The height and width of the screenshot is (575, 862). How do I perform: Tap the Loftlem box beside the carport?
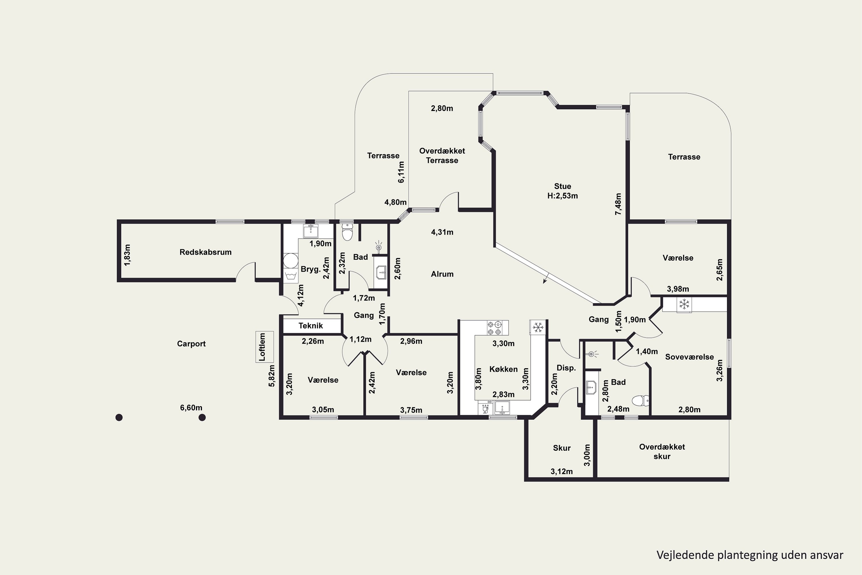[x=264, y=347]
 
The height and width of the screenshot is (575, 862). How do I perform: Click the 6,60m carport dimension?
[x=191, y=408]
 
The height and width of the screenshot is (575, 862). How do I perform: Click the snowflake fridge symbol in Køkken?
[x=538, y=327]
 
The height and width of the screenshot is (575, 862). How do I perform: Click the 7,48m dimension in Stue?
[x=618, y=204]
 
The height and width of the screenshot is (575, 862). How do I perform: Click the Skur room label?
[x=562, y=448]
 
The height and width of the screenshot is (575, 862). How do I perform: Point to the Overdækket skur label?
[x=662, y=452]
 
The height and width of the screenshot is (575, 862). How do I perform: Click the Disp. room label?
[x=566, y=368]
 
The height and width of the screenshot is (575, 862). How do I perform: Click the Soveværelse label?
[x=689, y=357]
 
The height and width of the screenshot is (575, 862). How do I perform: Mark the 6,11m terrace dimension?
[x=401, y=172]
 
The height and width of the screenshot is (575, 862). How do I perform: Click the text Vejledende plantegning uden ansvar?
[x=750, y=555]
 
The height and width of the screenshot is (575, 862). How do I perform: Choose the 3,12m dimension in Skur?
[x=561, y=471]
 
